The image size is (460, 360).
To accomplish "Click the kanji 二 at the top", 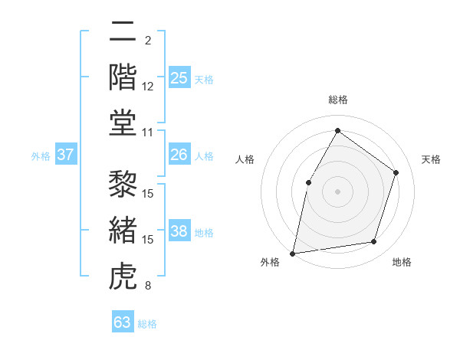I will [122, 32].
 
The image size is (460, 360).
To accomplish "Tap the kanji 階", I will [122, 77].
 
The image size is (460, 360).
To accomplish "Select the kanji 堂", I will [122, 123].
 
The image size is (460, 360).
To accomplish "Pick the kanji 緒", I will [122, 230].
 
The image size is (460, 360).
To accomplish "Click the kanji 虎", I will [122, 276].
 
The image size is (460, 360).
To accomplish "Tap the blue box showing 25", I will [179, 77].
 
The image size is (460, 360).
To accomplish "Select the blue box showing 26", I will [179, 155].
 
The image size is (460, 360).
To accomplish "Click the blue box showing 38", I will [179, 232].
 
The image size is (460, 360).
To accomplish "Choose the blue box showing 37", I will [66, 155].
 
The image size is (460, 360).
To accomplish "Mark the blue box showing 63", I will [123, 322].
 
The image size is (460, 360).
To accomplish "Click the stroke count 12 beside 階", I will [148, 86].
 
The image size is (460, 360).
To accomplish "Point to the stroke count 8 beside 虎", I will [148, 286].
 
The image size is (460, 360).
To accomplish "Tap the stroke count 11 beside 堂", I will [148, 132].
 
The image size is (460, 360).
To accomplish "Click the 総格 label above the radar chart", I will [338, 100].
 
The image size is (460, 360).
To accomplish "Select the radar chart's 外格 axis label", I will [270, 263].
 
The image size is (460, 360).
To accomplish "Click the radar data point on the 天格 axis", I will [396, 172].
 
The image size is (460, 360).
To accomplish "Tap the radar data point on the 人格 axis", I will [308, 182].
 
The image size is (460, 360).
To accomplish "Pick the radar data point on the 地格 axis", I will [374, 242].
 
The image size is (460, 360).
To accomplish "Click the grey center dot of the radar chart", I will [337, 191].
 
